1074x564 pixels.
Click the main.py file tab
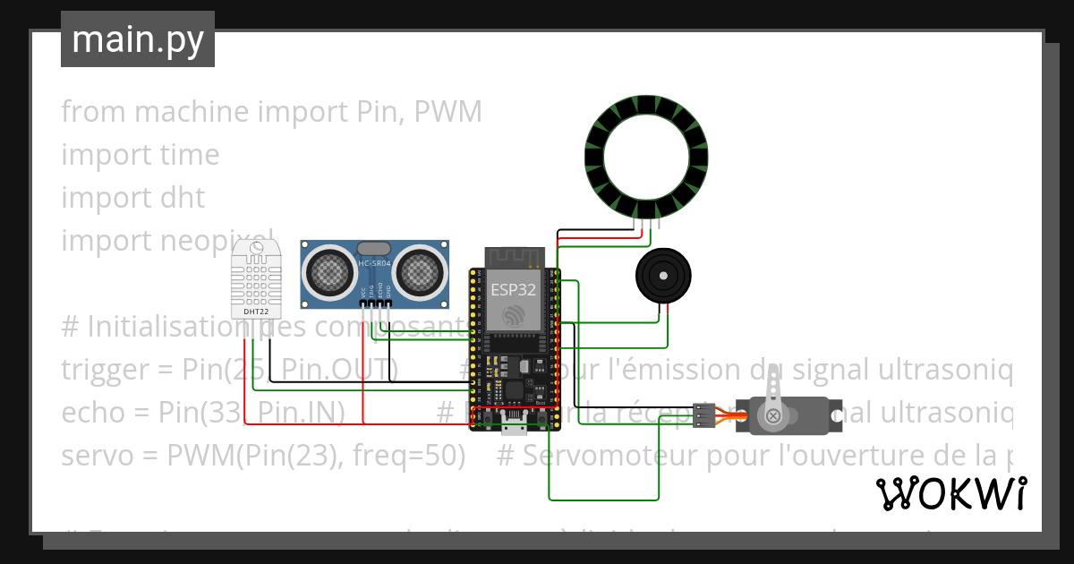tap(137, 39)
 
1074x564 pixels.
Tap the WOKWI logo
tap(950, 493)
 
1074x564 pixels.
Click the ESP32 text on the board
tap(514, 288)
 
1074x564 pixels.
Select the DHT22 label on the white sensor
tap(254, 311)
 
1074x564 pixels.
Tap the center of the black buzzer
tap(662, 276)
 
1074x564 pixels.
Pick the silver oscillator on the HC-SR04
tap(373, 247)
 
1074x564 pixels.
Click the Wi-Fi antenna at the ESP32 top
tap(514, 257)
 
